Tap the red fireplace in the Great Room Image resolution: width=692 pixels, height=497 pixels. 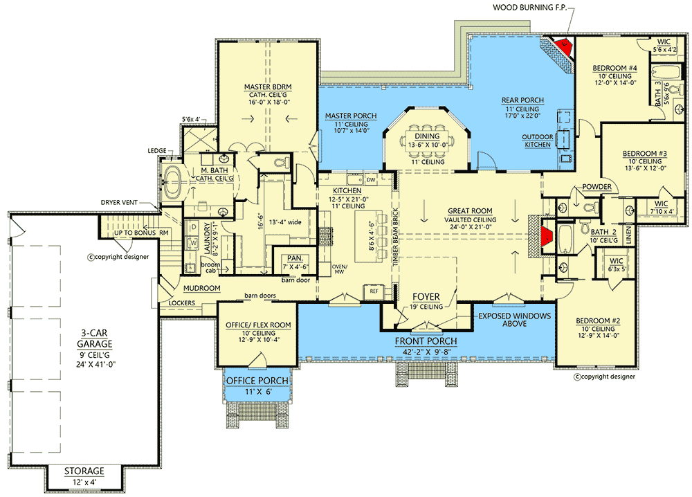click(x=547, y=236)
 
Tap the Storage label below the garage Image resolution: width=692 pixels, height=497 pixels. click(x=85, y=471)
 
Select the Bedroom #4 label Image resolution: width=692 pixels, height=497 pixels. click(x=614, y=68)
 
